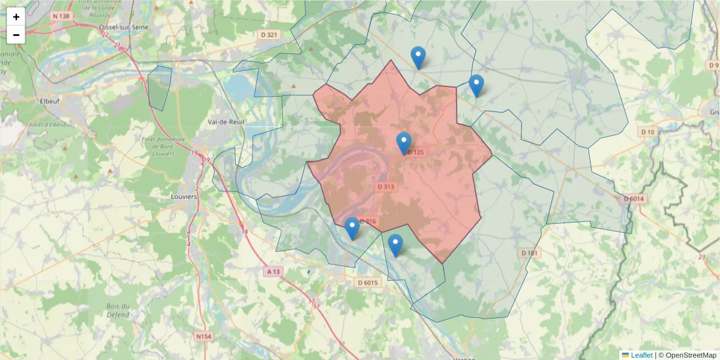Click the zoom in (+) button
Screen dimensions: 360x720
[16, 17]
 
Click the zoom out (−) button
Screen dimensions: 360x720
[16, 35]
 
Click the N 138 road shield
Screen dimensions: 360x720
[61, 16]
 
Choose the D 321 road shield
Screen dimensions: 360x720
[270, 35]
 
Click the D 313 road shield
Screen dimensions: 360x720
[386, 187]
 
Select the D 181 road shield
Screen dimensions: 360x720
[529, 253]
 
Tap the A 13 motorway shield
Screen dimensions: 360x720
[272, 272]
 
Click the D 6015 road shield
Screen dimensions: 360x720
[368, 283]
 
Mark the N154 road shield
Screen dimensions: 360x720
[204, 337]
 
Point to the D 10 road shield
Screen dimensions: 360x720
[647, 132]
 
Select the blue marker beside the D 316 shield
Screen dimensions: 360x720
[352, 229]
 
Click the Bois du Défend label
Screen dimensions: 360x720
[118, 310]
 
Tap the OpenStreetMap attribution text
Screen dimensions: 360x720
[687, 355]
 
